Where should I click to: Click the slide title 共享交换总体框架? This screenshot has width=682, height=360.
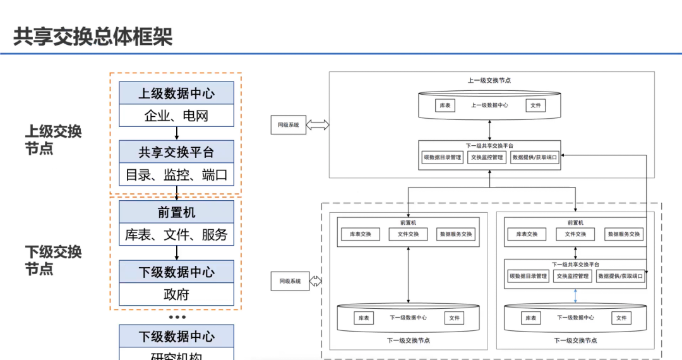click(x=93, y=37)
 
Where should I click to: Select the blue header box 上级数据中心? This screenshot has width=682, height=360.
click(x=176, y=93)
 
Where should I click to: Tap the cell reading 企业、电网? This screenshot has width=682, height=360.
click(x=176, y=116)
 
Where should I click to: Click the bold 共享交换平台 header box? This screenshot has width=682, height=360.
click(x=176, y=152)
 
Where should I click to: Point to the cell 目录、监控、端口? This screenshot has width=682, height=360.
click(x=176, y=175)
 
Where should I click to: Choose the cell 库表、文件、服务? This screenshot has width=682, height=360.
click(x=176, y=235)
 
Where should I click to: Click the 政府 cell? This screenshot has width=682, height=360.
click(x=176, y=294)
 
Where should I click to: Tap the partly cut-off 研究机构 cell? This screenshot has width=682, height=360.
click(x=176, y=355)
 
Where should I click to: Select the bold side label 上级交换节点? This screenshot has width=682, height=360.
click(x=53, y=140)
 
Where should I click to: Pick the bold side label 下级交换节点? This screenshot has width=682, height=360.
click(x=53, y=260)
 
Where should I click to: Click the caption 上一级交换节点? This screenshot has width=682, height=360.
click(x=489, y=80)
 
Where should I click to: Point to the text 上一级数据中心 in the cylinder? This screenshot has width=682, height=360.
click(x=489, y=105)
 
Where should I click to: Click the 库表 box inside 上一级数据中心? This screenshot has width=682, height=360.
click(x=445, y=105)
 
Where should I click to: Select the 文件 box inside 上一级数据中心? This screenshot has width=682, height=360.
click(x=535, y=105)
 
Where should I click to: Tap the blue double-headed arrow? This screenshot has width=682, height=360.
click(x=575, y=296)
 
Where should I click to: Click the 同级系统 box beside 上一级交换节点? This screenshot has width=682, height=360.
click(x=288, y=125)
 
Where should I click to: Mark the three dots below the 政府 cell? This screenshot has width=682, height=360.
click(x=177, y=317)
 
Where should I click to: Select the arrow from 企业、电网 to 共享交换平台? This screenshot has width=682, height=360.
click(x=177, y=133)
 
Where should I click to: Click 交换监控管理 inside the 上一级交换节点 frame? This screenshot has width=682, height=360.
click(x=487, y=157)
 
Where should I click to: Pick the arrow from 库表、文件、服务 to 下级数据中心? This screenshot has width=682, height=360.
click(x=177, y=253)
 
